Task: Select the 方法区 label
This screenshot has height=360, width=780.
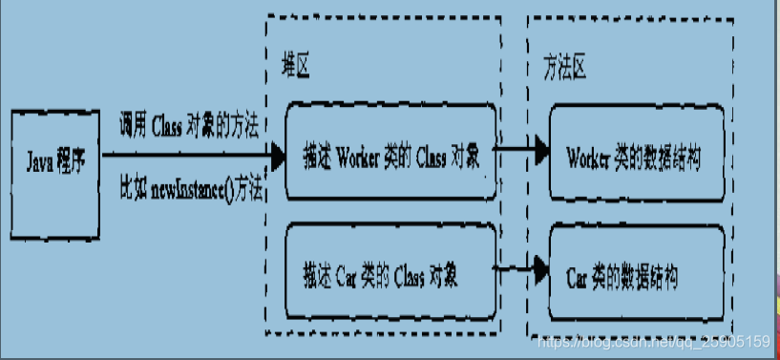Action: (563, 68)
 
